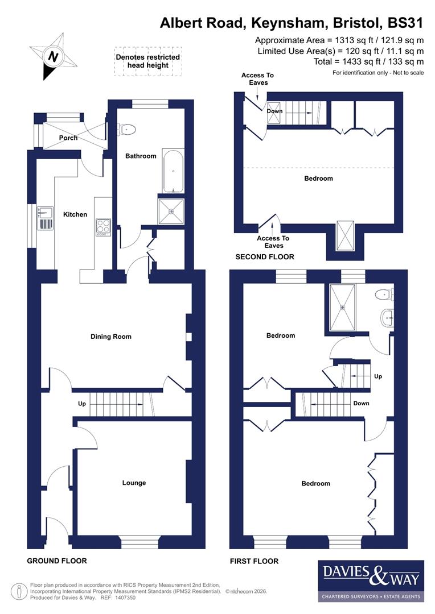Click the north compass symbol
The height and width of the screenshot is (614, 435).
tap(53, 56)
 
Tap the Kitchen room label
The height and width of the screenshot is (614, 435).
tap(75, 214)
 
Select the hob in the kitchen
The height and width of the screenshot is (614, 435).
tap(104, 227)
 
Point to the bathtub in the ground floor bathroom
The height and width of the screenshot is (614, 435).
tap(173, 171)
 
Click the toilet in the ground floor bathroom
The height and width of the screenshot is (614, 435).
tap(128, 130)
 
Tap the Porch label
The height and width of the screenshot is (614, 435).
tap(68, 138)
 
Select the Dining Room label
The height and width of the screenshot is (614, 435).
tap(111, 337)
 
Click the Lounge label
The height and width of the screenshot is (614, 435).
tap(134, 483)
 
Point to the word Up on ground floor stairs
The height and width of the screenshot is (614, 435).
tap(83, 404)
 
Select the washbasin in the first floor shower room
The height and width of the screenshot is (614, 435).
tap(387, 317)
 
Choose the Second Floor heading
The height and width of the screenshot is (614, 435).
tap(265, 257)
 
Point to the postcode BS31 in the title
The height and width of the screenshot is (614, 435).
tap(405, 23)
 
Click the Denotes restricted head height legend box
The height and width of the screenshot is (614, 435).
tap(147, 61)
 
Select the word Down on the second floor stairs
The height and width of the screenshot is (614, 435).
tap(274, 111)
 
